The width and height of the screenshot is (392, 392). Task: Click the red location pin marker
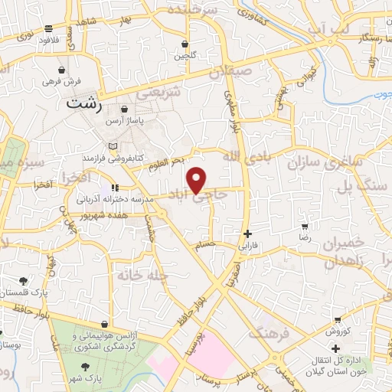[197, 179]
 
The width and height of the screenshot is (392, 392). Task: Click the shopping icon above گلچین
[185, 43]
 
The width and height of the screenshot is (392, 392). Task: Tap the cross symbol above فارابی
[247, 234]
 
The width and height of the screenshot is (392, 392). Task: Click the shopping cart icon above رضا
[305, 227]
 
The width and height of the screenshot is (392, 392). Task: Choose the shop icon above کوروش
[337, 319]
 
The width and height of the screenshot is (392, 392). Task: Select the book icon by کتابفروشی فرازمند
[114, 145]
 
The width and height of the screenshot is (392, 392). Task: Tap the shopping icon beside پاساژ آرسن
[123, 109]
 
